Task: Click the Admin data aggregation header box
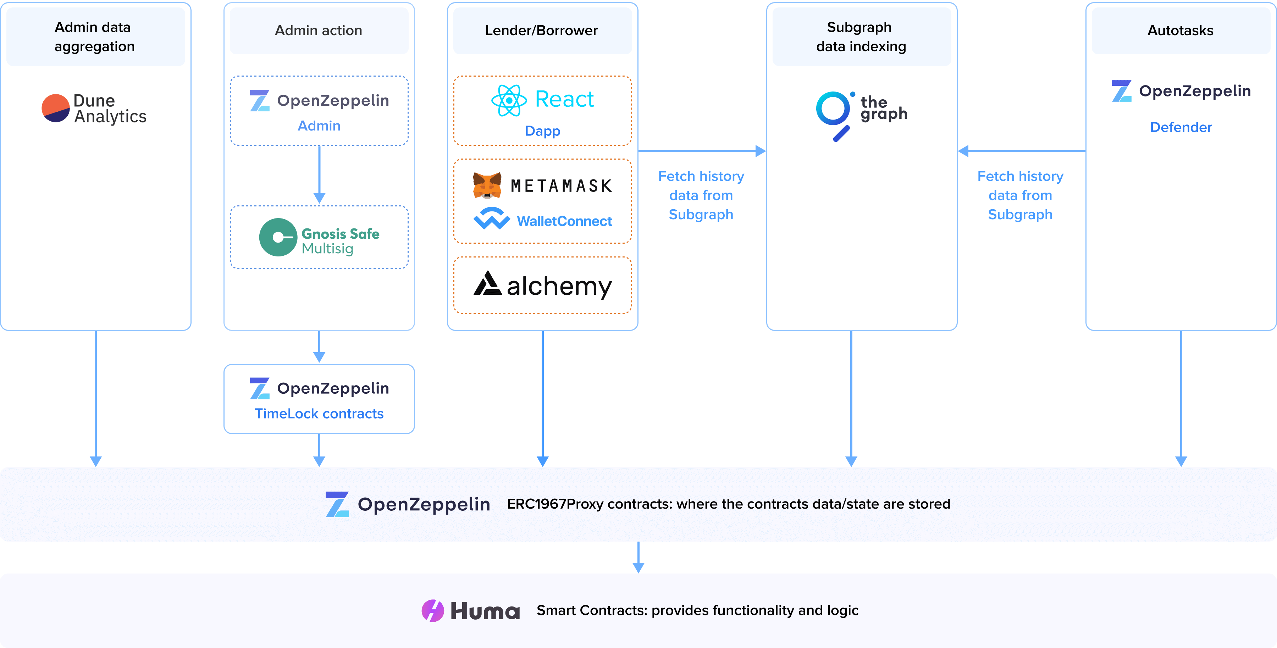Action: tap(95, 36)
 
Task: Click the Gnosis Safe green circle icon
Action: tap(278, 237)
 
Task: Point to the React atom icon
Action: tap(509, 100)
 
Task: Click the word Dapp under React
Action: tap(542, 131)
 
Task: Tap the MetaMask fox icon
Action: tap(487, 186)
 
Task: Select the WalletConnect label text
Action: tap(564, 221)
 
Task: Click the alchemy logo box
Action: tap(542, 285)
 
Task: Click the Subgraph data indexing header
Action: tap(861, 36)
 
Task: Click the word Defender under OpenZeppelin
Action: tap(1181, 127)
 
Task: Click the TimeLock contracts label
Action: tap(319, 414)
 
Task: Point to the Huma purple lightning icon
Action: tap(432, 610)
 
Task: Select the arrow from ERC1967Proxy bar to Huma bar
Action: tap(638, 557)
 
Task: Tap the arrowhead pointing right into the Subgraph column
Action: tap(761, 151)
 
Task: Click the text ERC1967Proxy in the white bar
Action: tap(555, 504)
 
